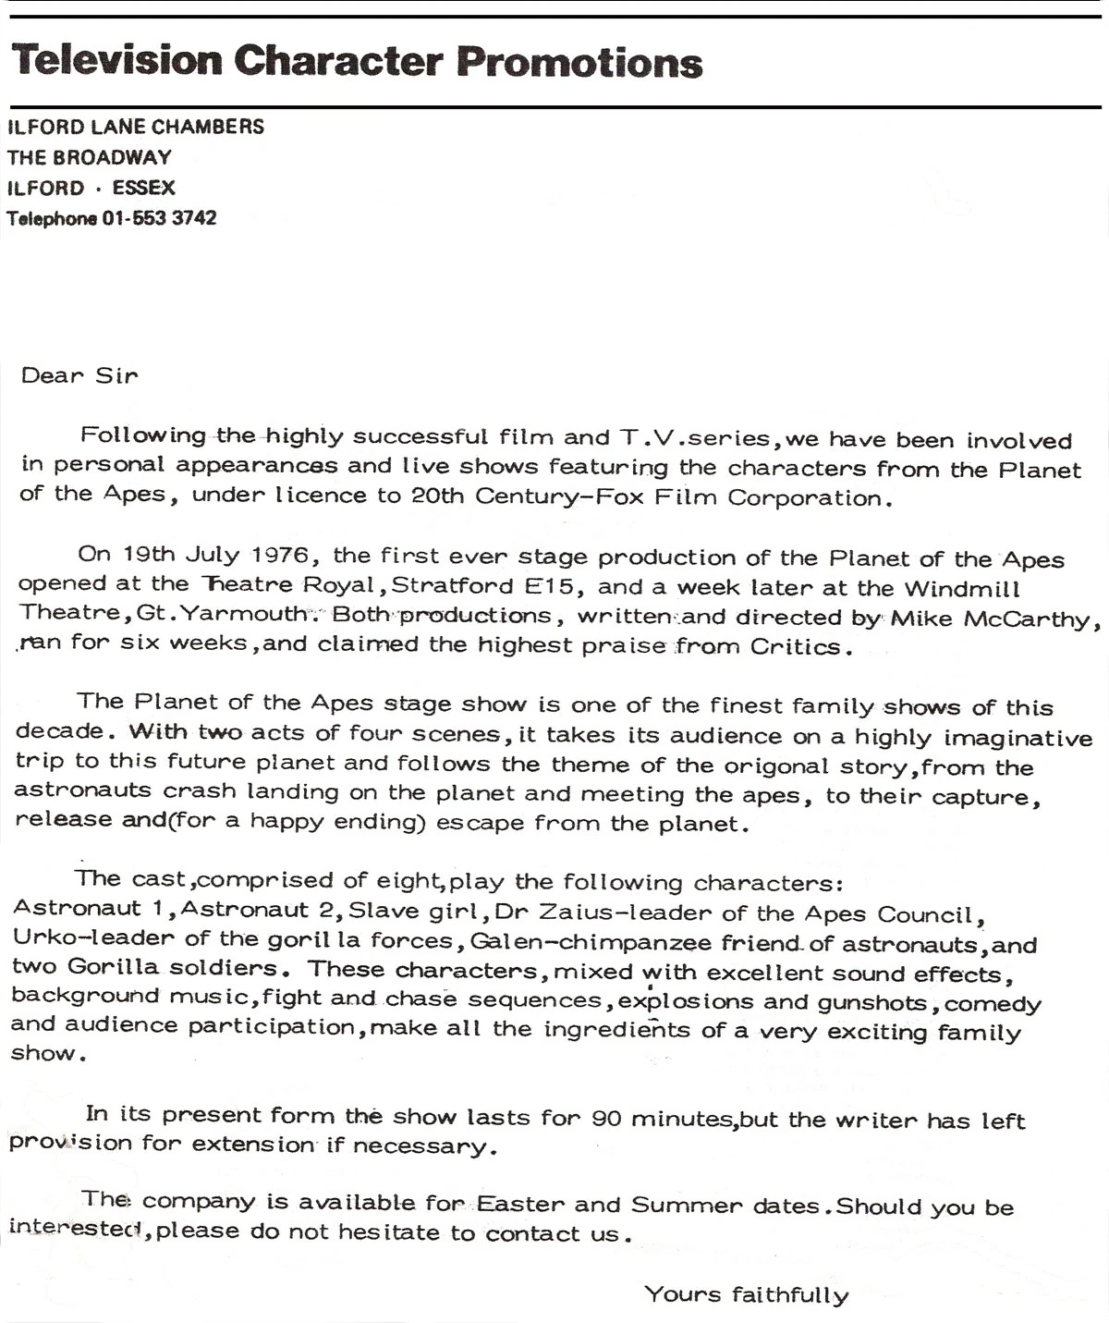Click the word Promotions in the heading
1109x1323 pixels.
579,61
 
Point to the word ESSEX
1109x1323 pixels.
143,188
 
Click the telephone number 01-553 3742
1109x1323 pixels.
159,218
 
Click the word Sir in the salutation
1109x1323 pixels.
116,375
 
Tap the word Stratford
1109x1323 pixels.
453,585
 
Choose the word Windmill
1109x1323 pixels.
962,589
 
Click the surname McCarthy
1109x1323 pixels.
1031,619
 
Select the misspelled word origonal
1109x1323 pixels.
776,766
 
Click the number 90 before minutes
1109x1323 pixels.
606,1119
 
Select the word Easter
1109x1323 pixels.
519,1204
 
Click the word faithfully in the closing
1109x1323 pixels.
790,1294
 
